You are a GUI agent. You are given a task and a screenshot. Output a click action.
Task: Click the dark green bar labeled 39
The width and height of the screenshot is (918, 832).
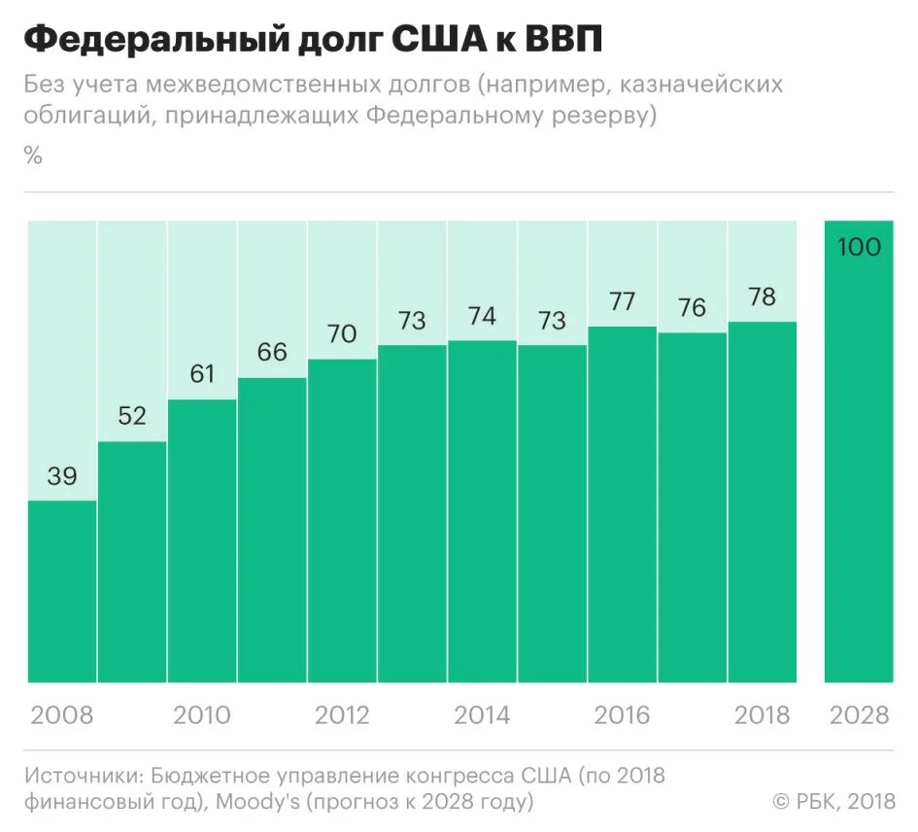coord(62,591)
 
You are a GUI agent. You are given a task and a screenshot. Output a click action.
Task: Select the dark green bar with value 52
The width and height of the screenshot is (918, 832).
coord(132,562)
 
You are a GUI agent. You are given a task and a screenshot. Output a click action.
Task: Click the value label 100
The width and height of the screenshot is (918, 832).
coord(859,247)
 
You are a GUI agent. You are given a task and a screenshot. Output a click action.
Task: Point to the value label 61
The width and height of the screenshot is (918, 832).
coord(202,373)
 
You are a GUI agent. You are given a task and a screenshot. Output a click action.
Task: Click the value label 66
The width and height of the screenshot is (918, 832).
coord(272,352)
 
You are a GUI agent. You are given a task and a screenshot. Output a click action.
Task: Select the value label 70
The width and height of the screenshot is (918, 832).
coord(342,333)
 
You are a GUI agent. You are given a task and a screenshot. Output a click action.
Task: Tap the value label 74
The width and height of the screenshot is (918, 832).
coord(482,316)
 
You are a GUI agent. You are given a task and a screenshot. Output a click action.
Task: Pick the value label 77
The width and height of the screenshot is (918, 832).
coord(622,301)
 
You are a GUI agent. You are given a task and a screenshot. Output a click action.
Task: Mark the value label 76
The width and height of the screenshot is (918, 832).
coord(692,308)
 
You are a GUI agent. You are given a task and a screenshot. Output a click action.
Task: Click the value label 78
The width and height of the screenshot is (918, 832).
coord(762,296)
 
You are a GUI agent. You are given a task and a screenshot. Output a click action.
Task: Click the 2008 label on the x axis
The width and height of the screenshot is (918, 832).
coord(62,715)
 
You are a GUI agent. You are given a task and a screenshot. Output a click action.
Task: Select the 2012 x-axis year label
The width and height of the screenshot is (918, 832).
coord(342,715)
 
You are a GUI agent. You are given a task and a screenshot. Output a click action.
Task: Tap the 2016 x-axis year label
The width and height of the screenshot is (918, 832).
coord(622,715)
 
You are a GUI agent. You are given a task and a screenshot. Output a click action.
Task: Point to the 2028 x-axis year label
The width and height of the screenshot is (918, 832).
coord(860,715)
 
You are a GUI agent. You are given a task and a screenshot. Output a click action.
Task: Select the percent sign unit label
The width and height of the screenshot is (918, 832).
coord(34,156)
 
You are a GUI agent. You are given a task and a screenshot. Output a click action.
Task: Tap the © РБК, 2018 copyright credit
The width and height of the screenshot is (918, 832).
coord(833,801)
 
